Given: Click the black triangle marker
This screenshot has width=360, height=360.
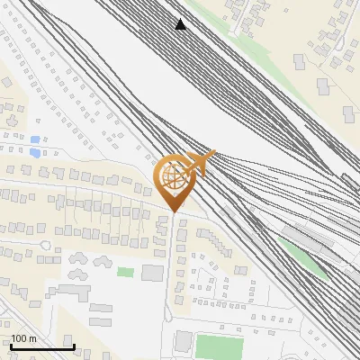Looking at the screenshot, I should tap(181, 24).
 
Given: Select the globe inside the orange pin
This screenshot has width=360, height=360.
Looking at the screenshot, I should tap(172, 176).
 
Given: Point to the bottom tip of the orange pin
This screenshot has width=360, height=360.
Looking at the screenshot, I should tap(172, 212).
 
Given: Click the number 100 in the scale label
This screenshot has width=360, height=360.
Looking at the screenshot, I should tap(19, 338).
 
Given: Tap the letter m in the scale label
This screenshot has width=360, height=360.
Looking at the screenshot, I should tap(32, 338).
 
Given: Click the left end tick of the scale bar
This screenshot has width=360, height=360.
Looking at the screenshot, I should tap(10, 346).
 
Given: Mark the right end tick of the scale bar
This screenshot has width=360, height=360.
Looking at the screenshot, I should tap(74, 346).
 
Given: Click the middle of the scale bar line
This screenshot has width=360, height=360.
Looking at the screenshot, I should tap(41, 347).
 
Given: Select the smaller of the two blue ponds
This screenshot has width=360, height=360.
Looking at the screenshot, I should tap(34, 140).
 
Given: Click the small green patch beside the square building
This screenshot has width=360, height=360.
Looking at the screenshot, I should tap(125, 272).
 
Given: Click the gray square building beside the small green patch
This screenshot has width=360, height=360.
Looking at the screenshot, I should tap(152, 272).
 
